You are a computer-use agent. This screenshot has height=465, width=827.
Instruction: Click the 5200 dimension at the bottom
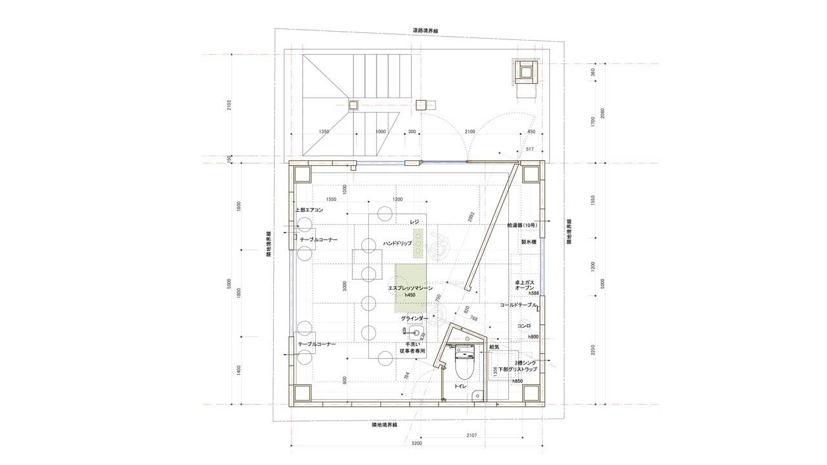click(x=417, y=444)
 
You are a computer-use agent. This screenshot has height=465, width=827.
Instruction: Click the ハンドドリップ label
click(x=397, y=243)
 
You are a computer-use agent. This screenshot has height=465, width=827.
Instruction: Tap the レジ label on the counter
click(x=415, y=222)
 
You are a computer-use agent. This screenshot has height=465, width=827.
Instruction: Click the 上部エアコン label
click(x=309, y=211)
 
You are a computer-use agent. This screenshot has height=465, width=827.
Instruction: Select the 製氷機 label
click(x=529, y=242)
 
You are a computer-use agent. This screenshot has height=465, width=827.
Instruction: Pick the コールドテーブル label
click(x=519, y=304)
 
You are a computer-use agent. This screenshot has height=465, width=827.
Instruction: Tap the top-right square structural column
click(x=531, y=174)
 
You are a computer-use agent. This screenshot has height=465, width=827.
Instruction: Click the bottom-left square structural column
click(x=302, y=392)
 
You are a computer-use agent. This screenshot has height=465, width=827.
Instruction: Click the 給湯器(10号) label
click(x=525, y=225)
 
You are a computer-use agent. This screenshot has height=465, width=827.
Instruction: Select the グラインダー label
click(x=414, y=319)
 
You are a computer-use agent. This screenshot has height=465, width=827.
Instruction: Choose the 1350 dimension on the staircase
click(x=324, y=132)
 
